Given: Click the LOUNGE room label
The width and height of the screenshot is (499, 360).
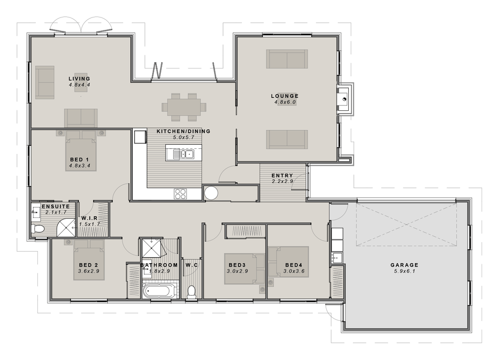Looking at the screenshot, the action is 285,96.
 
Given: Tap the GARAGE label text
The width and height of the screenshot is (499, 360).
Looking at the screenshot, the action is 405,265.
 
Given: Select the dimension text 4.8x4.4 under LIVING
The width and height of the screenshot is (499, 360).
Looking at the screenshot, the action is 79,85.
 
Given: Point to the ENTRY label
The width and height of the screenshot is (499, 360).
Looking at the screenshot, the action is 282,175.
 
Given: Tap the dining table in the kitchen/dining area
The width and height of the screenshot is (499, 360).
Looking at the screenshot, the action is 184,107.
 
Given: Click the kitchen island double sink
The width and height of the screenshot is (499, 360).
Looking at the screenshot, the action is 188,155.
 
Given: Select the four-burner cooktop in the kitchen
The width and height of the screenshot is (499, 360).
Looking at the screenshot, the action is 181,194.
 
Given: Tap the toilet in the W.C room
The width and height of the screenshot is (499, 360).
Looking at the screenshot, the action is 192,292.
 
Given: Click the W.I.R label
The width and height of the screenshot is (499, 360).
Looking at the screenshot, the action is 89,218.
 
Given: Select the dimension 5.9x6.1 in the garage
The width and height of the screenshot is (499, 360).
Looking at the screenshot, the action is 405,271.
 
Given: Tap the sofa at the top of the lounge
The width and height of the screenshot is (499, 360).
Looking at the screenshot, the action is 287,59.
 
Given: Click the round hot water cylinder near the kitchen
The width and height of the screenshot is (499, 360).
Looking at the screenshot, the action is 211,193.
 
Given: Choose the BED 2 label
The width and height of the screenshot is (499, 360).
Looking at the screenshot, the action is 88,265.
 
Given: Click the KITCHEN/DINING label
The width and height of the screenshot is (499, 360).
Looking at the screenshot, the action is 183,131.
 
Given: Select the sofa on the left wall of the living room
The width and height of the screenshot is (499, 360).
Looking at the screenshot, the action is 45,82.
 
